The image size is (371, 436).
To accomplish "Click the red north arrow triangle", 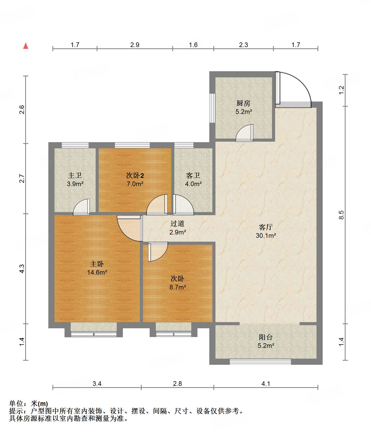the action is point(26,46).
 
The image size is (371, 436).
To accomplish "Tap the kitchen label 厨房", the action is point(243,103).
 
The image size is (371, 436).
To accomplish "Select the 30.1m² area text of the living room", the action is point(266,235).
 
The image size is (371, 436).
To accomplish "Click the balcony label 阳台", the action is point(266,337).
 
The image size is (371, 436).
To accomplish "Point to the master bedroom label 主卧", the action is point(97,264).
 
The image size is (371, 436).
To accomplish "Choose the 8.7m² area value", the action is point(178,287).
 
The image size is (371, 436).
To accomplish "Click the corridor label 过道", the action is point(177,223).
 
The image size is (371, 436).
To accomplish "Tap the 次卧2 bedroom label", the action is point(135,176).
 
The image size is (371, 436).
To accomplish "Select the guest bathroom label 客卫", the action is point(193,176).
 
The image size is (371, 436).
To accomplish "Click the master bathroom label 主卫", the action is point(75,176).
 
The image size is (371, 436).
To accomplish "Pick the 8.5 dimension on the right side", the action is point(341,215).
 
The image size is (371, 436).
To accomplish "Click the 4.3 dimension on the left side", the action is point(22,269).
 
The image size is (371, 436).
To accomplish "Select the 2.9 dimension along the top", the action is point(135,45).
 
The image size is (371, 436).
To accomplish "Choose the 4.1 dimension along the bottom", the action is point(266,384).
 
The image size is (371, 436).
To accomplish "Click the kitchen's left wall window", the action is point(212,108).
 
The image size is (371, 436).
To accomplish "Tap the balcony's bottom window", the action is point(260,362).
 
